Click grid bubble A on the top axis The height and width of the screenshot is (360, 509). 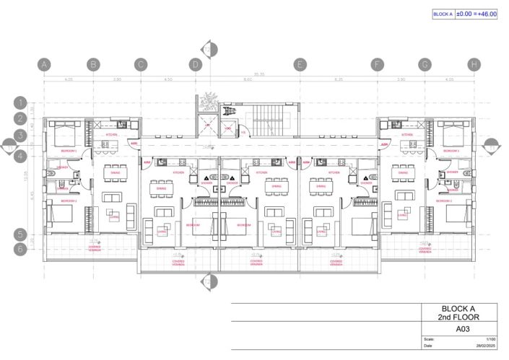(45, 64)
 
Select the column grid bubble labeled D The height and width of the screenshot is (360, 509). (195, 64)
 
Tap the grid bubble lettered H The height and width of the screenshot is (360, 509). (474, 64)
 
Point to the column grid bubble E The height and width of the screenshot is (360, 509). (299, 64)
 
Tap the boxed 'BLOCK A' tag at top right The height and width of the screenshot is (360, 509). (443, 14)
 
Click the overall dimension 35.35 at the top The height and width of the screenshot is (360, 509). (258, 74)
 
